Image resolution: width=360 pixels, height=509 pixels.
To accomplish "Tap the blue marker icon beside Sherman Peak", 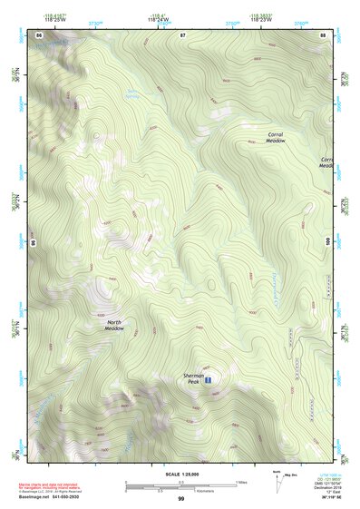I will pos(209,379).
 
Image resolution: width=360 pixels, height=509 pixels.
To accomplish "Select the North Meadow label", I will pos(114,325).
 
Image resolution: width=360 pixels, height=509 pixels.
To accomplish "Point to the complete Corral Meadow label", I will pos(276,138).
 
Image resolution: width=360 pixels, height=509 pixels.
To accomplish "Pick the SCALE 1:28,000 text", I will pos(180,475).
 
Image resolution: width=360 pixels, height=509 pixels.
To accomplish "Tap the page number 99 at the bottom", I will pos(180,499).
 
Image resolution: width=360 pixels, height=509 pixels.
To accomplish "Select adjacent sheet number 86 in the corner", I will pos(39,34).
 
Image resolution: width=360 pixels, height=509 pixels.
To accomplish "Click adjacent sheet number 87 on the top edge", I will pos(182,34).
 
